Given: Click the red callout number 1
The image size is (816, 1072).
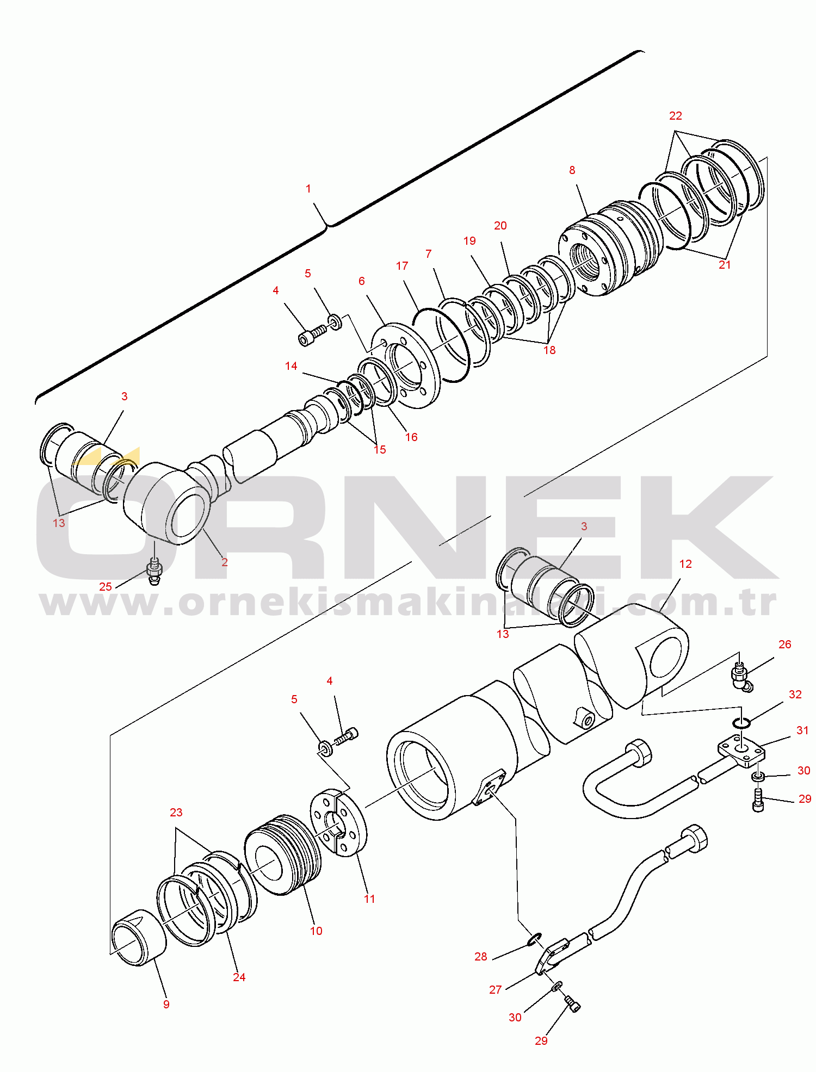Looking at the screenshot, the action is [308, 189].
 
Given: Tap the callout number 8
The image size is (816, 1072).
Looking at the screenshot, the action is [572, 170].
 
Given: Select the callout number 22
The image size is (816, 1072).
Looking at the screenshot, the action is [676, 116].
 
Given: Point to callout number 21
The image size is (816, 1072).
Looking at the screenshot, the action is [725, 265].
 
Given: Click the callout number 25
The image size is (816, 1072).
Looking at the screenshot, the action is [106, 587].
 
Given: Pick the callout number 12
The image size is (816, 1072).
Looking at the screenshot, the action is [685, 564].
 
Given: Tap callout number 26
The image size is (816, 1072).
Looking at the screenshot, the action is [785, 645].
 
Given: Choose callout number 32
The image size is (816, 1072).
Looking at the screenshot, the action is [795, 695].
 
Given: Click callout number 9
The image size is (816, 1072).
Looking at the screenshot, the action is [166, 1005].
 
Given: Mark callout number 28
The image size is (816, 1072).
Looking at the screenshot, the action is [481, 957].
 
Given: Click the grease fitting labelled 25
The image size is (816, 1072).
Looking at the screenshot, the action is [154, 571].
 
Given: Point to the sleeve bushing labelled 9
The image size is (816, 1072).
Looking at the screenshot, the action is [139, 937].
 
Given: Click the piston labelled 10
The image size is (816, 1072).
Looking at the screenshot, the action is [283, 854].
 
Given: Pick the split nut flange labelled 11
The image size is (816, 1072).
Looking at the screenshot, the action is [338, 822].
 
